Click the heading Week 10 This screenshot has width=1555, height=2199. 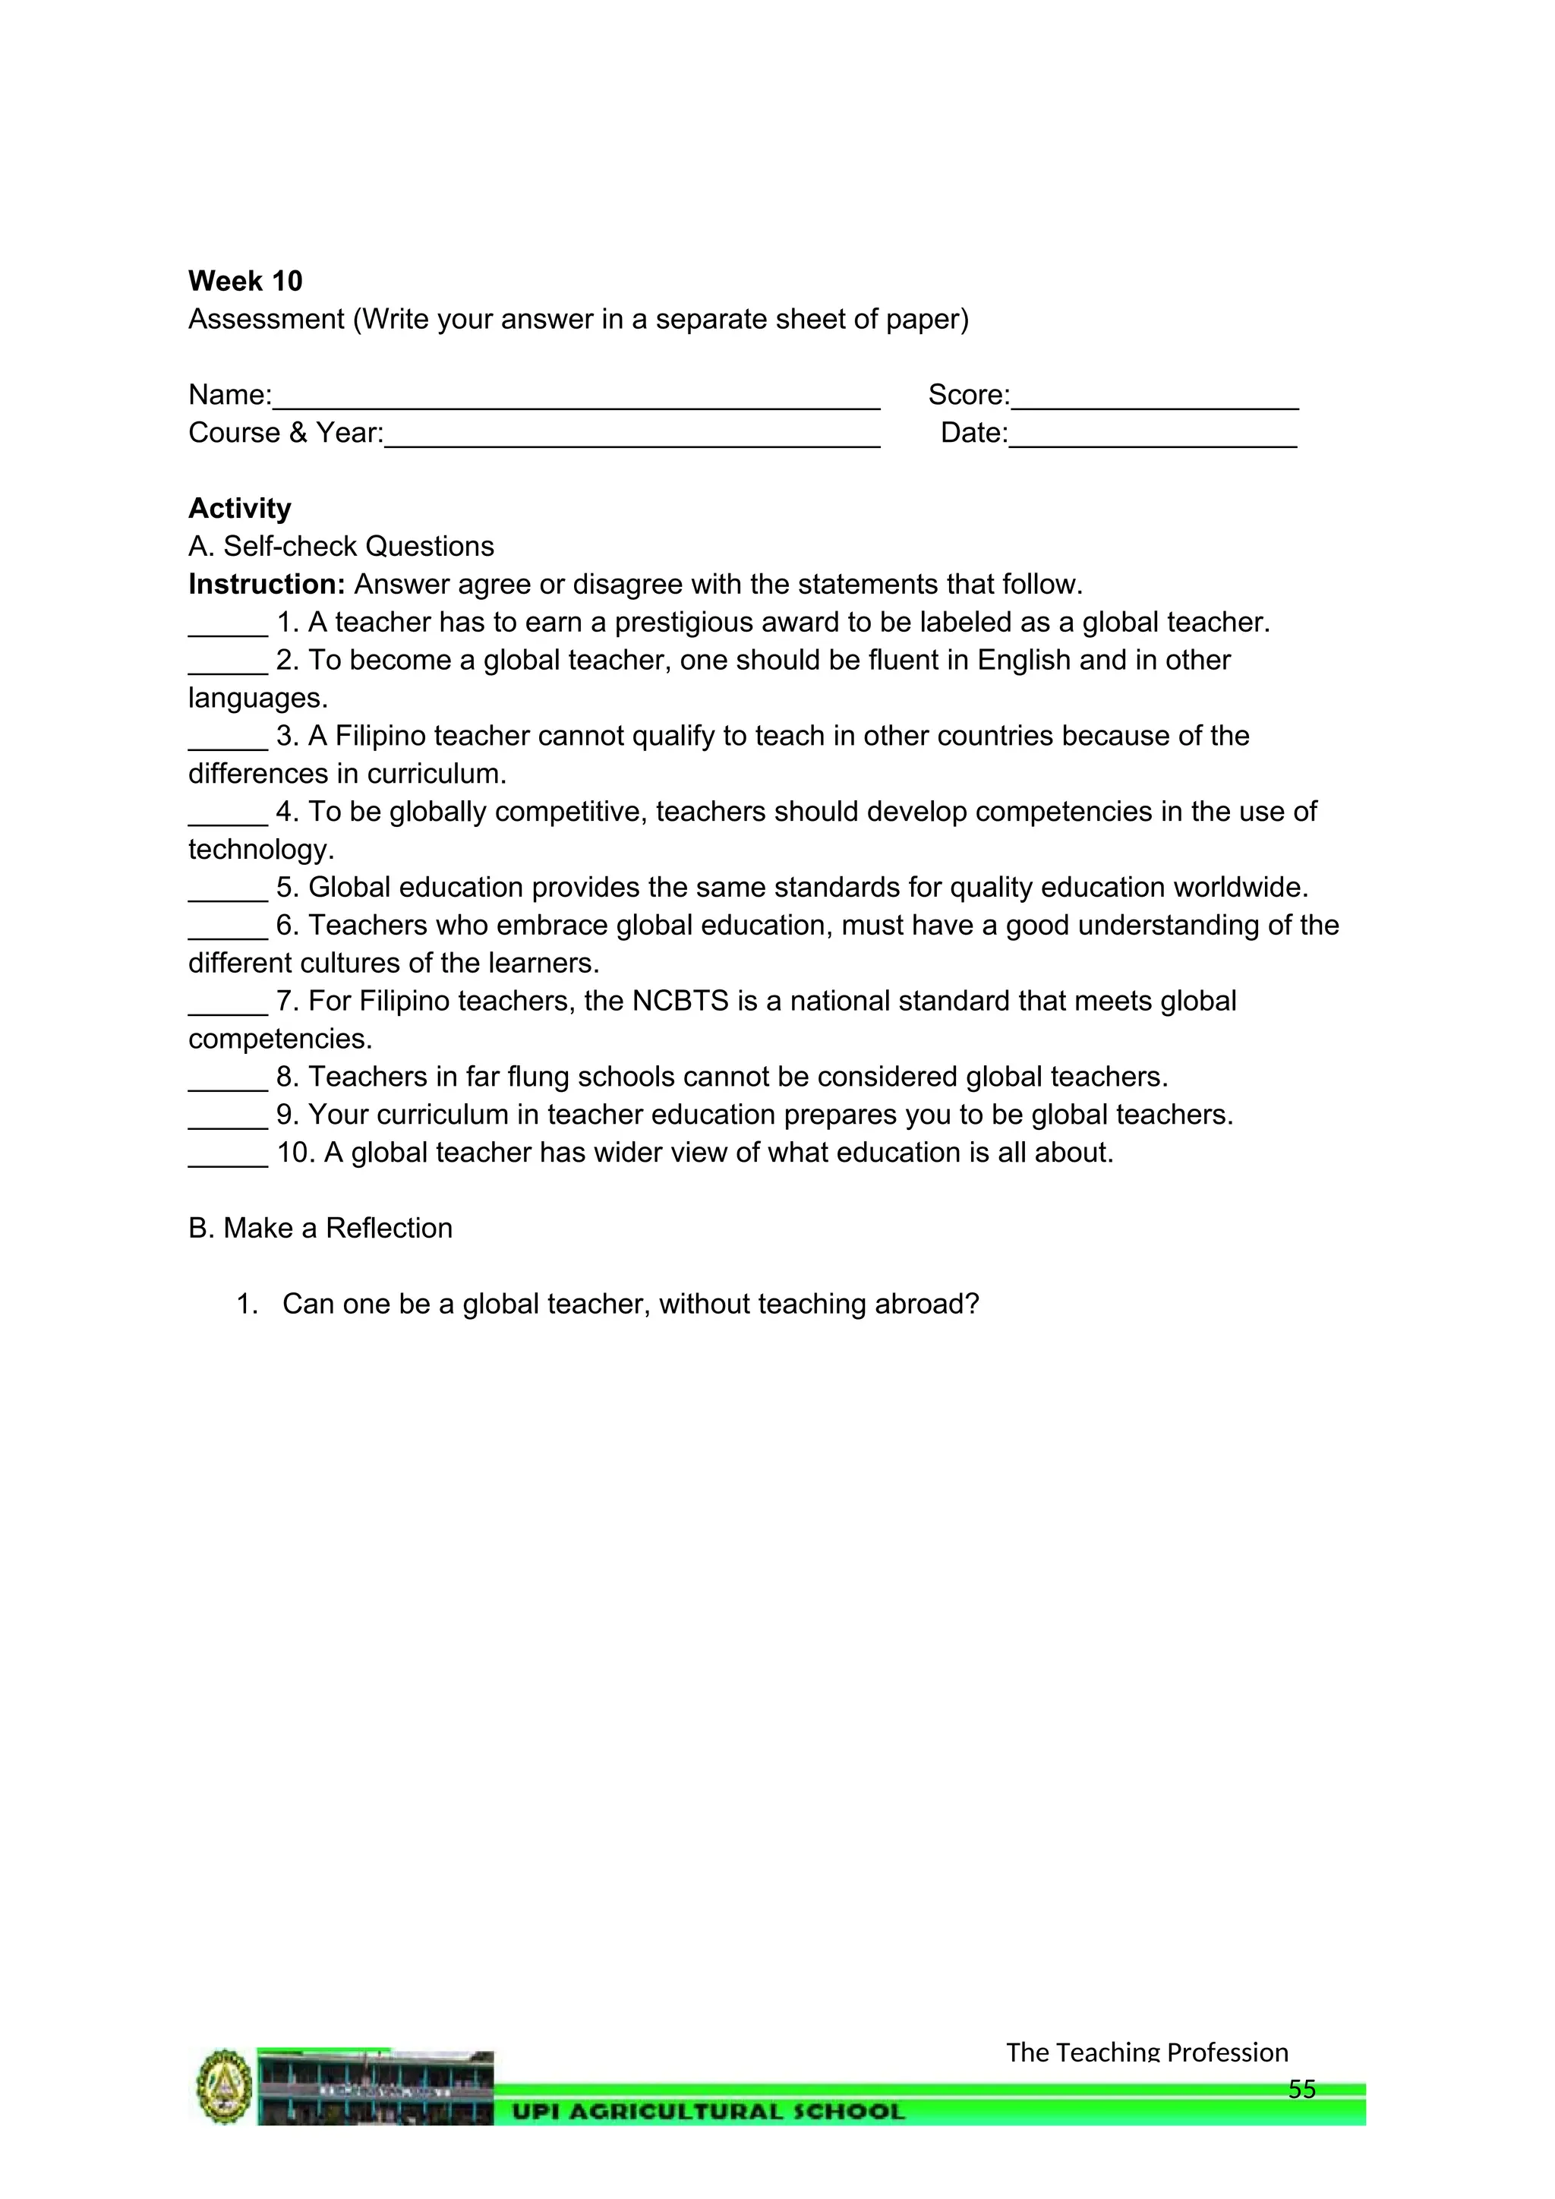[245, 281]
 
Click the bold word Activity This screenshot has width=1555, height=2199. [239, 508]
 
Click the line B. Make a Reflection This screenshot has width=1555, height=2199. [320, 1228]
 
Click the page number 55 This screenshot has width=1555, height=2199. [1301, 2089]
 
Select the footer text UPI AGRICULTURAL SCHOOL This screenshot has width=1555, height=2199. [708, 2112]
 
